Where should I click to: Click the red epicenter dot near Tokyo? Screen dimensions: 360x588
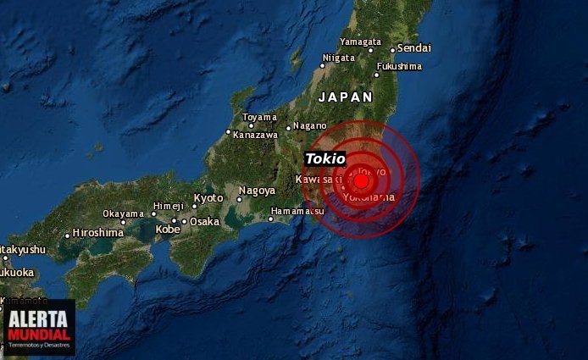coord(362,180)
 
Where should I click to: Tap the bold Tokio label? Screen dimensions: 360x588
coord(325,158)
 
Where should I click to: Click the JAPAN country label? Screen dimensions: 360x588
coord(345,97)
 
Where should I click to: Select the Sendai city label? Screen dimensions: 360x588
coord(414,48)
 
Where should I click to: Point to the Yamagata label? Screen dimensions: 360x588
coord(360,42)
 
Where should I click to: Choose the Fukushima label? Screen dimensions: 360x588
coord(399,65)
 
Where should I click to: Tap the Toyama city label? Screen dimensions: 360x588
coord(259,117)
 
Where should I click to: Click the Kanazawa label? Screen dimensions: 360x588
coord(255,135)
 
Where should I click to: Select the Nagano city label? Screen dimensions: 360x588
coord(310,125)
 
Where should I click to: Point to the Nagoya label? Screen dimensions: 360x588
coord(257,191)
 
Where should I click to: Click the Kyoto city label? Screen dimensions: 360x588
coord(208,197)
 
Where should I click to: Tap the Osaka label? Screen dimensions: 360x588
coord(204,221)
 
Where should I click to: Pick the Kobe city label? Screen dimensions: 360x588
coord(168,229)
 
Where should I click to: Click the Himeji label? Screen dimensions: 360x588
coord(168,206)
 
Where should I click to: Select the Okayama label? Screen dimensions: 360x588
coord(124,213)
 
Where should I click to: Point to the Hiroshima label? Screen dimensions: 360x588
coord(98,232)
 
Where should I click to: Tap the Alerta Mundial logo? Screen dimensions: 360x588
coord(39,327)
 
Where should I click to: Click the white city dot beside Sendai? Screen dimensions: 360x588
coord(392,50)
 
